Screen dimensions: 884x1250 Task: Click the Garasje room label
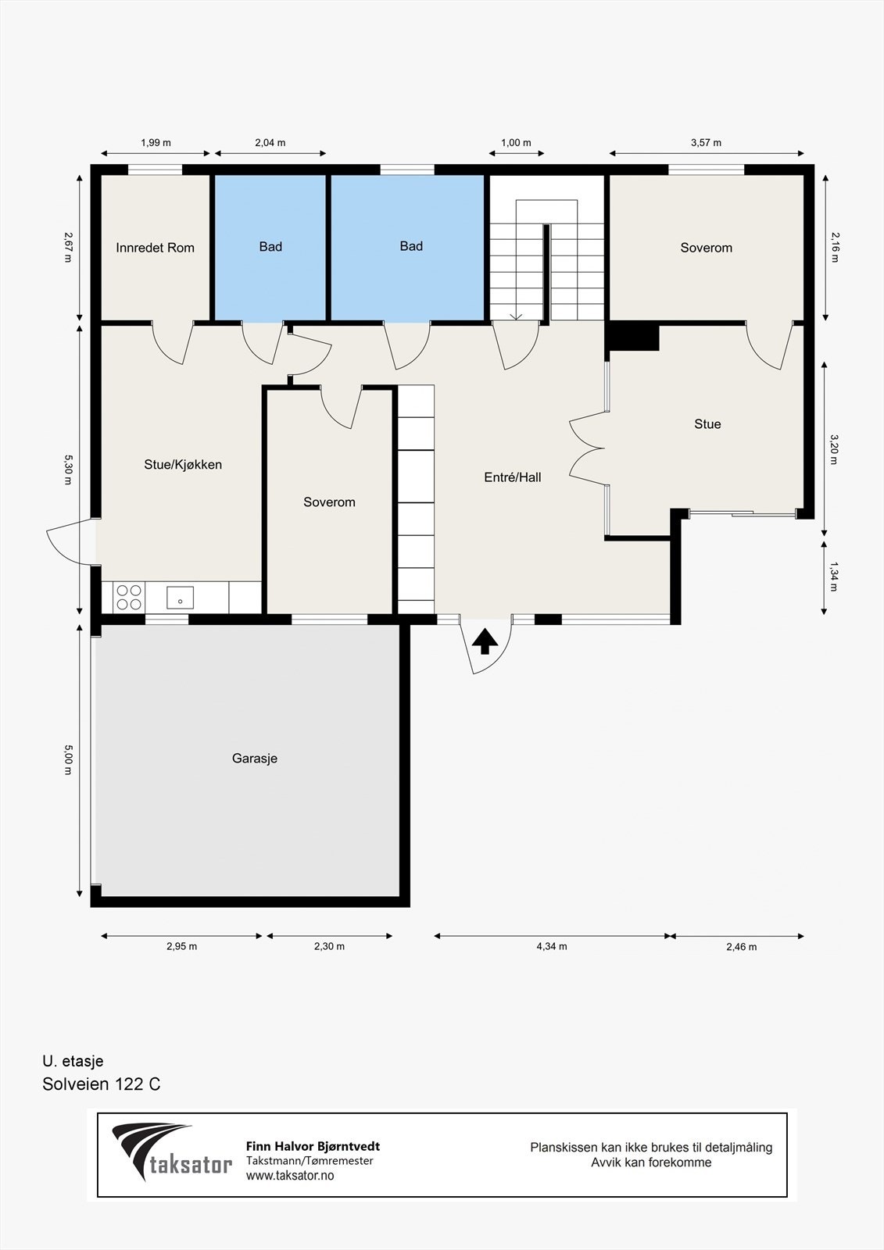point(255,759)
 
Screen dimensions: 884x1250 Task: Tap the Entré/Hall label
point(513,477)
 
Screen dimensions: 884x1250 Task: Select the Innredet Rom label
point(156,248)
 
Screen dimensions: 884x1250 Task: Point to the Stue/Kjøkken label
point(183,464)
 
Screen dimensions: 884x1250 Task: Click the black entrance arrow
point(485,641)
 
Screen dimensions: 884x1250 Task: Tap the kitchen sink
point(180,598)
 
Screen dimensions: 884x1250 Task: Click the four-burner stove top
point(129,597)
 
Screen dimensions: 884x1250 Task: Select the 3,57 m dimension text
point(706,143)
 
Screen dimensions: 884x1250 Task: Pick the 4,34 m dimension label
point(552,946)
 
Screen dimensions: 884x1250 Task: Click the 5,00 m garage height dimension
point(68,759)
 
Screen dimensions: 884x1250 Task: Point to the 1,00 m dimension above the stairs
point(516,143)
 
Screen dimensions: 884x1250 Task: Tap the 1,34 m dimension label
point(834,577)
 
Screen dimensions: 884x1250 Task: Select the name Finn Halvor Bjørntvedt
point(313,1147)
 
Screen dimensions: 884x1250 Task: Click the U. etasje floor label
point(73,1061)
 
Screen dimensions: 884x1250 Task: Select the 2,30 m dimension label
point(330,946)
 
